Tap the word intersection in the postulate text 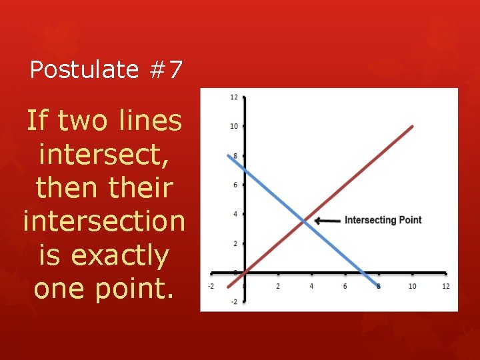click(103, 221)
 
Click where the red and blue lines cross click(304, 221)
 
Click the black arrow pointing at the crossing click(327, 221)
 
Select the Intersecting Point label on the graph click(383, 220)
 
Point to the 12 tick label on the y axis click(234, 97)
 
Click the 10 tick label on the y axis click(234, 126)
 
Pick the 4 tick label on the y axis click(235, 214)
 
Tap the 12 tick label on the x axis click(445, 286)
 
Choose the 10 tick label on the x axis click(412, 286)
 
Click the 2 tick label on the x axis click(278, 286)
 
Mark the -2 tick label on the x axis click(211, 286)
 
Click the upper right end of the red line click(413, 126)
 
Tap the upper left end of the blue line click(229, 156)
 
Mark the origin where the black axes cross click(245, 273)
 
